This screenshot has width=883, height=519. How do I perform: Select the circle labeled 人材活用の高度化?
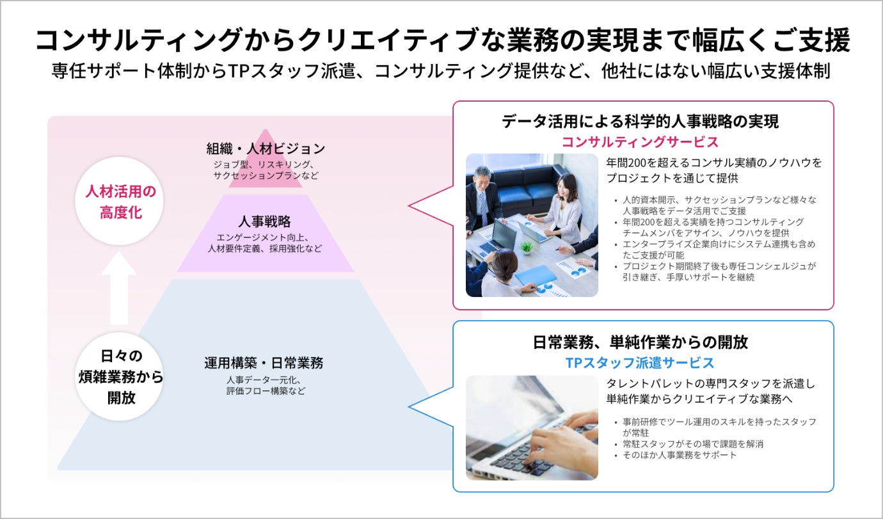pos(120,202)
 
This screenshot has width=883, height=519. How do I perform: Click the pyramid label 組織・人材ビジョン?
pos(266,148)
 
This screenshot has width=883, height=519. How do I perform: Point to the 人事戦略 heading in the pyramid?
pos(264,221)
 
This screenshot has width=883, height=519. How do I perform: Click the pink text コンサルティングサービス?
pos(639,141)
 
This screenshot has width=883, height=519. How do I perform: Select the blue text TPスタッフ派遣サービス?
pos(639,363)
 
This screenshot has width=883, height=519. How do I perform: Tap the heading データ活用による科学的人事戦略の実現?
pos(640,122)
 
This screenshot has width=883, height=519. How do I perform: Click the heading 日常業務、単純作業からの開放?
pos(640,342)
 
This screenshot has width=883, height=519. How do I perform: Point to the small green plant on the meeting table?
pos(526,247)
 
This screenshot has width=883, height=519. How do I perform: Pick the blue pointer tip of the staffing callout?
pos(411,407)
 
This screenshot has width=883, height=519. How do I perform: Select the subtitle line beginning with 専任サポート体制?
pos(441,71)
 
